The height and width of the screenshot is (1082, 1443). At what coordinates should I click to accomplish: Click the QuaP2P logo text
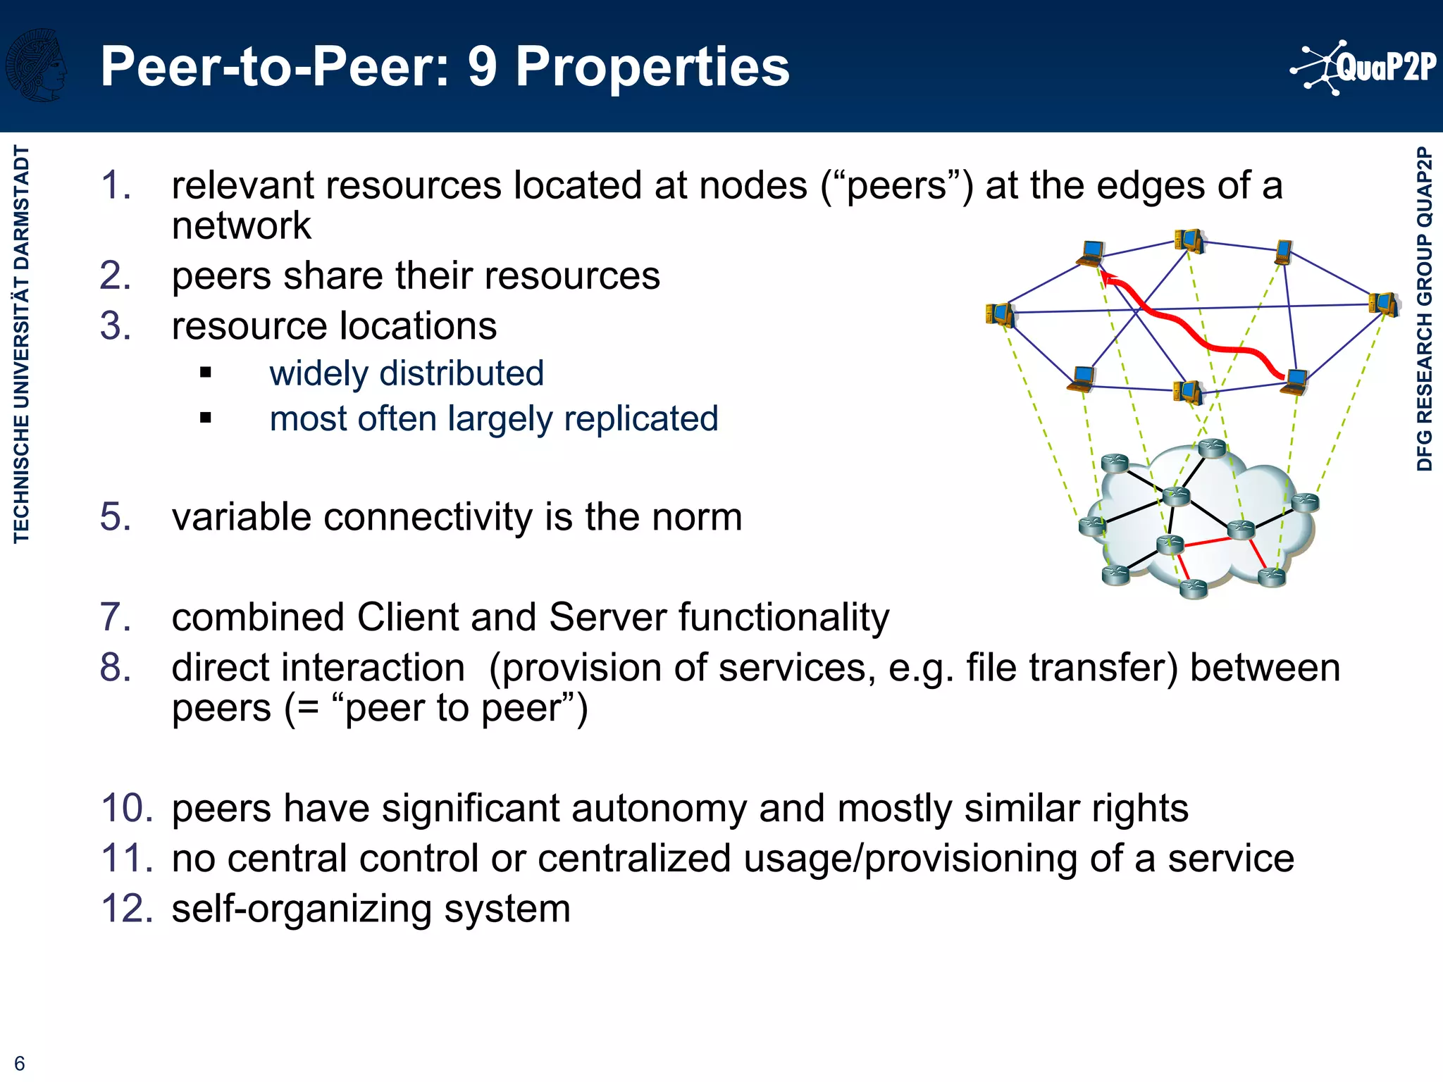pyautogui.click(x=1385, y=68)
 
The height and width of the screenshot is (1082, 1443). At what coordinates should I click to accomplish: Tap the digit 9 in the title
pyautogui.click(x=482, y=67)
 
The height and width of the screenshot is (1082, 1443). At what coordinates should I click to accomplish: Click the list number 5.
pyautogui.click(x=116, y=516)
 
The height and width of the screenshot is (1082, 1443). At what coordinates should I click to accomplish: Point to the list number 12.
pyautogui.click(x=127, y=908)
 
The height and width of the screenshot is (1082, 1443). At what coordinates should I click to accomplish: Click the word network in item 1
pyautogui.click(x=241, y=225)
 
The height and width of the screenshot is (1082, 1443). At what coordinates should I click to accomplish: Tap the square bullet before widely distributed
pyautogui.click(x=206, y=373)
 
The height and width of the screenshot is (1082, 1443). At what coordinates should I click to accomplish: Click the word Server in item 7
pyautogui.click(x=607, y=617)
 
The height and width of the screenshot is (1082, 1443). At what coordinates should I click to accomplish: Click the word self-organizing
pyautogui.click(x=302, y=909)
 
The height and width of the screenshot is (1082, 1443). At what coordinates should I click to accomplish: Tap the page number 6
pyautogui.click(x=20, y=1063)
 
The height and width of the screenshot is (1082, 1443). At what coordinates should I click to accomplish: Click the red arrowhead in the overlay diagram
pyautogui.click(x=1109, y=279)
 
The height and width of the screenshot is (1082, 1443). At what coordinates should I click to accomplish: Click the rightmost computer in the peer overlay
pyautogui.click(x=1383, y=304)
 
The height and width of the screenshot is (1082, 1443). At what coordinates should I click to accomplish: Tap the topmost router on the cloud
pyautogui.click(x=1213, y=447)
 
